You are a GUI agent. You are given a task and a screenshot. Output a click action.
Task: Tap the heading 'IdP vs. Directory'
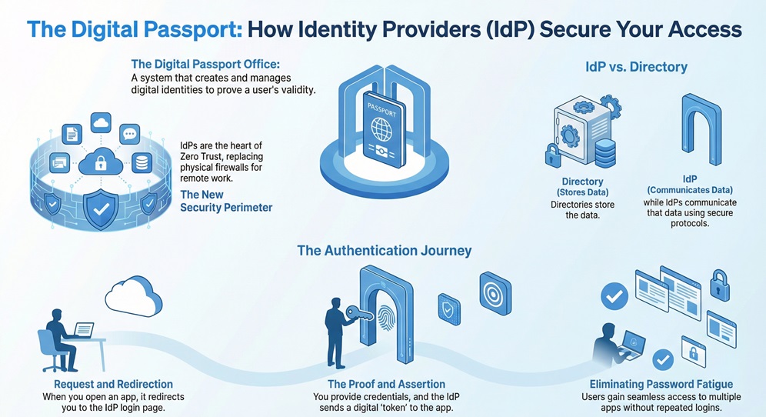[636, 67]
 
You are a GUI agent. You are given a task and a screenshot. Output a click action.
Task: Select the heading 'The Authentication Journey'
[384, 251]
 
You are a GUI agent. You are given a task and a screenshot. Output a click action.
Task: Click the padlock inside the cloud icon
[99, 162]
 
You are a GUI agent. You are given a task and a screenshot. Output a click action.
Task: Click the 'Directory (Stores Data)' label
[582, 187]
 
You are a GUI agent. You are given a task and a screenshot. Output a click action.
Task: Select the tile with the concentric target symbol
[495, 292]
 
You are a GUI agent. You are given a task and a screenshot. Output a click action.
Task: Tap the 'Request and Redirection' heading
[113, 384]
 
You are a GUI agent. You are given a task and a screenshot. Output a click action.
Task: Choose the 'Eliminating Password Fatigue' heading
[661, 384]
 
